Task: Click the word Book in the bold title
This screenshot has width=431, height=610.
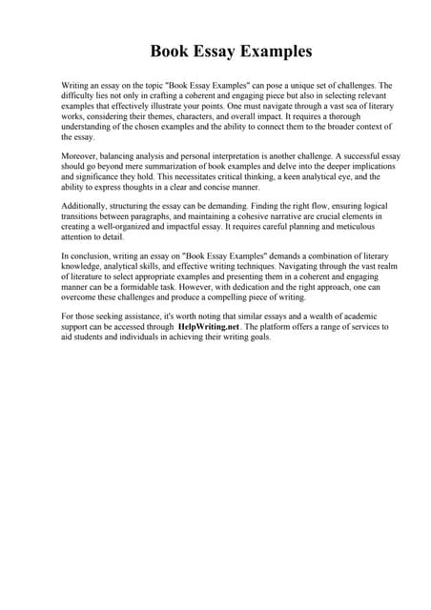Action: [172, 51]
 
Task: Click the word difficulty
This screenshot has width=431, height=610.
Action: [80, 98]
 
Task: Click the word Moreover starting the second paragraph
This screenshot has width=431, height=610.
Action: [82, 152]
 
